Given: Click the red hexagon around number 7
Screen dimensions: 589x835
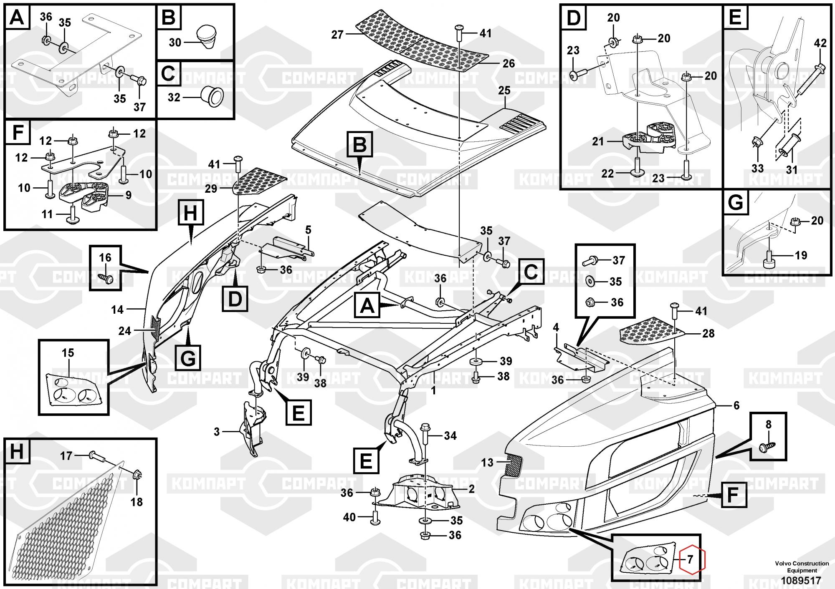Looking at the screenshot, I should pyautogui.click(x=692, y=559).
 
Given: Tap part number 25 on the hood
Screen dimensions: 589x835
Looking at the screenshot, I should pyautogui.click(x=504, y=90).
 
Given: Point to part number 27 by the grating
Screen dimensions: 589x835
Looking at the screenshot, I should pyautogui.click(x=337, y=35).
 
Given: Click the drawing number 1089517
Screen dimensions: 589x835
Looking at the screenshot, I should pyautogui.click(x=795, y=581).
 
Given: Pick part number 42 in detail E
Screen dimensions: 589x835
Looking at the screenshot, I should pyautogui.click(x=820, y=43).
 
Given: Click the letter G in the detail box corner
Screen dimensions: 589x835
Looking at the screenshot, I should pyautogui.click(x=735, y=203).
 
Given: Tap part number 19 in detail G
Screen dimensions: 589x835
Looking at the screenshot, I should pyautogui.click(x=801, y=255).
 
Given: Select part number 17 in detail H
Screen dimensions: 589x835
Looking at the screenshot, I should pyautogui.click(x=66, y=456).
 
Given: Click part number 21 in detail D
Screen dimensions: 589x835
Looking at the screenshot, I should pyautogui.click(x=598, y=142).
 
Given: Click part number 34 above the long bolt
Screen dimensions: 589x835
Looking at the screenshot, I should pyautogui.click(x=450, y=436).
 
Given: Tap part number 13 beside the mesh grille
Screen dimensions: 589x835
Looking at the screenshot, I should pyautogui.click(x=487, y=463).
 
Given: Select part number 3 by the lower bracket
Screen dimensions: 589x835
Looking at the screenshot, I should pyautogui.click(x=217, y=432).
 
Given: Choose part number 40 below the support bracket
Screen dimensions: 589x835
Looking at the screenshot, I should pyautogui.click(x=349, y=517).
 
